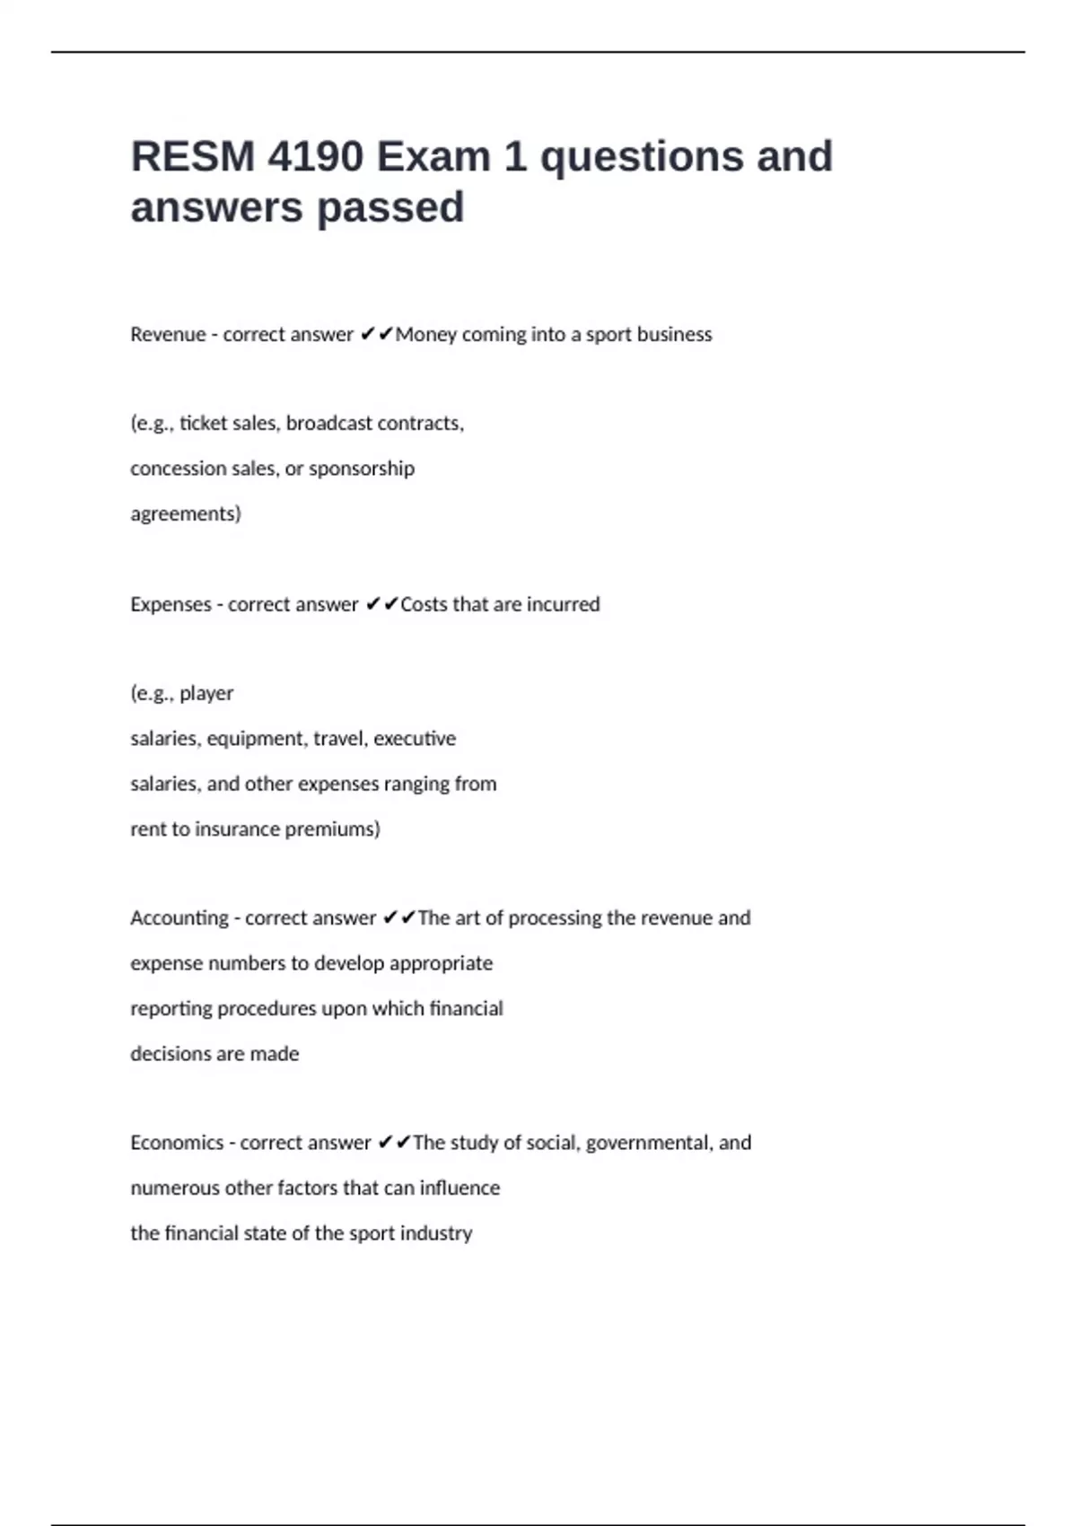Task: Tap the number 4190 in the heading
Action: (315, 156)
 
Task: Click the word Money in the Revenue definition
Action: (426, 335)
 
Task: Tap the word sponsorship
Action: (362, 469)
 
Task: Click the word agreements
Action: (185, 514)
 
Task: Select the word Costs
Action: (424, 604)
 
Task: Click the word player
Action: (206, 694)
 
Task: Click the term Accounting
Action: (179, 918)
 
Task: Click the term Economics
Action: (177, 1143)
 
